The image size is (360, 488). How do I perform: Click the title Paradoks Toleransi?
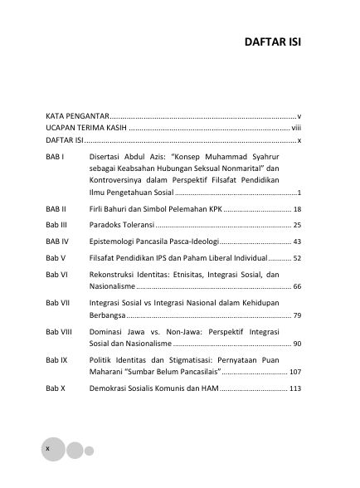coord(122,225)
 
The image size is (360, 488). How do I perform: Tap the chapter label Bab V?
coord(55,258)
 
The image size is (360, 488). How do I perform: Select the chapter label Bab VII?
coord(57,303)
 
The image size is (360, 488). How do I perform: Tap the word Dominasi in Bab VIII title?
coord(109,331)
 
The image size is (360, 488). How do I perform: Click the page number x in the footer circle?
coord(48,448)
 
